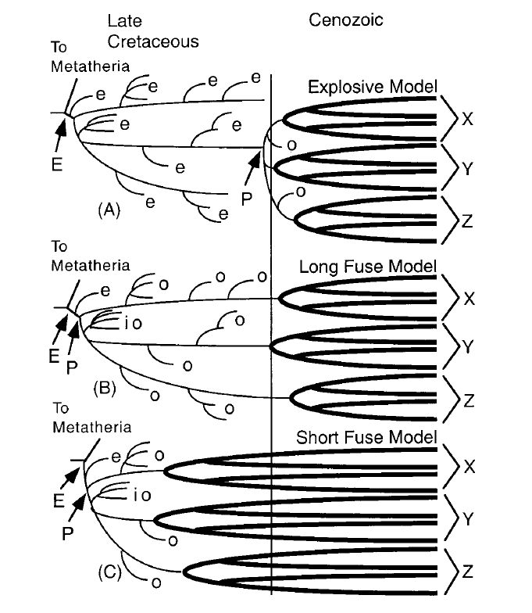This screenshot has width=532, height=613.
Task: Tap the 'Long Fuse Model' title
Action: (x=367, y=267)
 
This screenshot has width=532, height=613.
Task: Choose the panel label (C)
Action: (x=110, y=574)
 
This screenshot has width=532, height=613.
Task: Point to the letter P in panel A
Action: (x=246, y=199)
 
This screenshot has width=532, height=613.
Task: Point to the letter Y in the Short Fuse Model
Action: (x=467, y=518)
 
